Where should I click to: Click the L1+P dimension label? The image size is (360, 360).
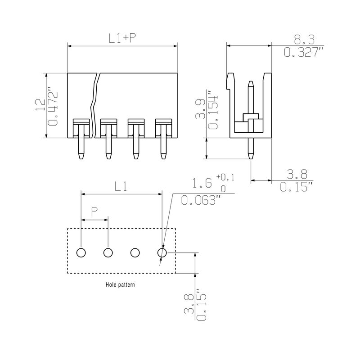point(122,38)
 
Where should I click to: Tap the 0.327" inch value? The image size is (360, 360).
point(304,53)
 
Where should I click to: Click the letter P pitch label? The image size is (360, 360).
point(94,211)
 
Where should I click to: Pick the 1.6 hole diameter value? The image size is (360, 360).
point(202,184)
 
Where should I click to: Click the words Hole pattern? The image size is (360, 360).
point(120,285)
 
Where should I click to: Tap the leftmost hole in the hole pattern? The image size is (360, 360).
point(81,253)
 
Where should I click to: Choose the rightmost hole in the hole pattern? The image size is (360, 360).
point(162,253)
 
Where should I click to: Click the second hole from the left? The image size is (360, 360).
point(108,253)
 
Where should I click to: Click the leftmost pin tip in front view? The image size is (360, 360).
point(81,157)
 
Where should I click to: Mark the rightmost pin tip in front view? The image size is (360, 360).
point(163,157)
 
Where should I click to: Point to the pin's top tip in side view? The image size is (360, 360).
point(251,83)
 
